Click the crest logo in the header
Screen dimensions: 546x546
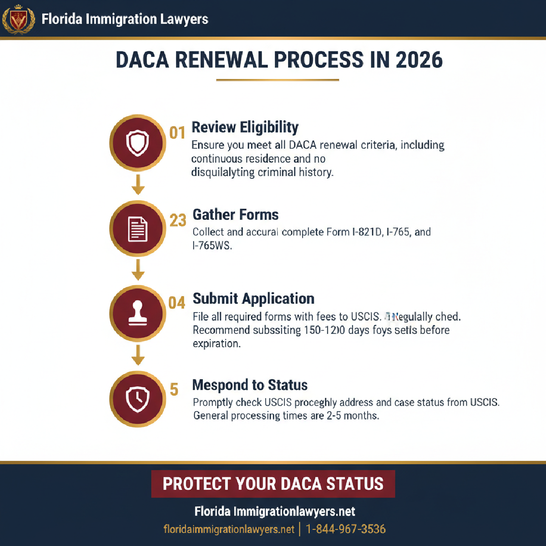[x=18, y=20]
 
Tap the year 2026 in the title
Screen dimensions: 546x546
[x=419, y=60]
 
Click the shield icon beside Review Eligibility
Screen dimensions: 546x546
[x=137, y=143]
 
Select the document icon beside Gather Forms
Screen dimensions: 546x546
[x=137, y=228]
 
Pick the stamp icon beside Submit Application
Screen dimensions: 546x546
[x=137, y=313]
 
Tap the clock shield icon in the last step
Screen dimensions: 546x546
[x=137, y=399]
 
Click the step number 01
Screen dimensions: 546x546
[x=177, y=133]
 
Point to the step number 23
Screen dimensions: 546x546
[x=178, y=220]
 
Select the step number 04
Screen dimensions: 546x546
[x=177, y=303]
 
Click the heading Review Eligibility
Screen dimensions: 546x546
[x=245, y=127]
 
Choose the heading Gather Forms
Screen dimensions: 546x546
[x=235, y=215]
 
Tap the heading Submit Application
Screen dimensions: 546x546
[x=253, y=299]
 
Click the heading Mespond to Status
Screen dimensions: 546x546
[x=250, y=385]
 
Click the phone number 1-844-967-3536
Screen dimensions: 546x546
[x=345, y=529]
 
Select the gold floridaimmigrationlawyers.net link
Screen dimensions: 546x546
[x=229, y=529]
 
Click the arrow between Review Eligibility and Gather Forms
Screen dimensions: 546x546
[x=138, y=184]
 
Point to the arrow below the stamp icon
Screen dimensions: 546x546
[x=138, y=355]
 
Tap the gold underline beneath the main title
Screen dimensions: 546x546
[x=278, y=80]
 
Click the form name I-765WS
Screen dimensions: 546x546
[x=212, y=246]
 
